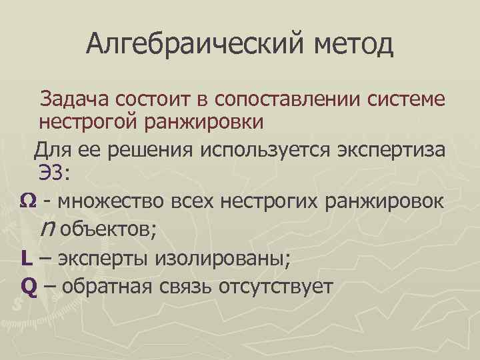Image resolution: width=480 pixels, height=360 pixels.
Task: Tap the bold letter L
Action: (x=25, y=258)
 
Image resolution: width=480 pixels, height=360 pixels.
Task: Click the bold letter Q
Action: (x=27, y=286)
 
